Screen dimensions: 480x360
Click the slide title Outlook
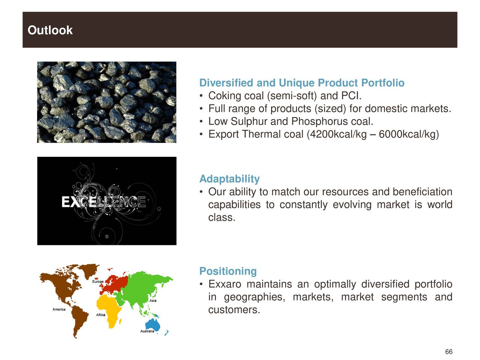pyautogui.click(x=50, y=30)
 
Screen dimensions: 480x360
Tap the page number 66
pyautogui.click(x=448, y=352)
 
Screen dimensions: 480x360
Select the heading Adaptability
pyautogui.click(x=229, y=179)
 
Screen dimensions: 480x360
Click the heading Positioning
pyautogui.click(x=228, y=271)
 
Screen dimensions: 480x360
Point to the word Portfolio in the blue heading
pyautogui.click(x=383, y=83)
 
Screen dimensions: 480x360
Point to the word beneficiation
pyautogui.click(x=422, y=192)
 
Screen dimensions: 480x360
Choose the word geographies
pyautogui.click(x=255, y=297)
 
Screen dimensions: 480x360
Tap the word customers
pyautogui.click(x=234, y=310)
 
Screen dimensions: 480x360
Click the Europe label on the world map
pyautogui.click(x=98, y=282)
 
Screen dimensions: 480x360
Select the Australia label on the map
pyautogui.click(x=147, y=331)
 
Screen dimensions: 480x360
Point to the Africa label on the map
pyautogui.click(x=100, y=315)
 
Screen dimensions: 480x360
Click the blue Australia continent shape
pyautogui.click(x=153, y=325)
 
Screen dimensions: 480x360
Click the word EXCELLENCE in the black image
pyautogui.click(x=103, y=201)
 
